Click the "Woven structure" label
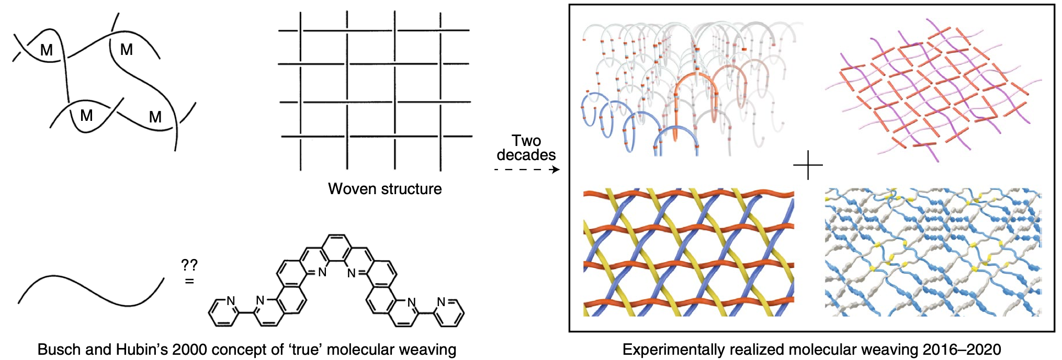(x=385, y=189)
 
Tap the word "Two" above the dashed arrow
(x=526, y=141)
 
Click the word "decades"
(x=526, y=155)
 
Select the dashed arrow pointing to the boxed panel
(x=527, y=170)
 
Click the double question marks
(x=189, y=265)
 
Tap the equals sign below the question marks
(x=189, y=282)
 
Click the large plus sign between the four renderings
(x=808, y=165)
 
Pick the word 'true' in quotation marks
(x=303, y=350)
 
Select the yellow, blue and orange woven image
(x=688, y=252)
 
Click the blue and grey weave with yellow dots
(x=933, y=252)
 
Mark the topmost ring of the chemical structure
(x=336, y=244)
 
